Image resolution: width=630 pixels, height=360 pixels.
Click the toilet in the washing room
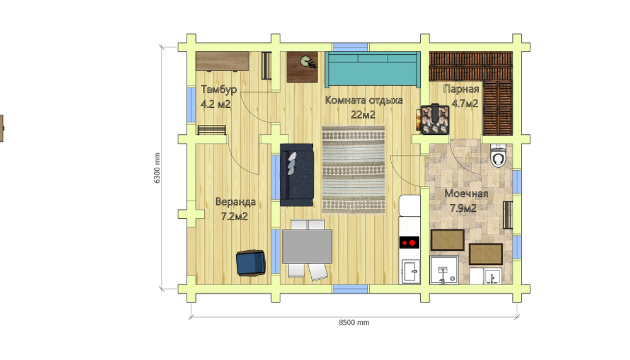[x=498, y=155]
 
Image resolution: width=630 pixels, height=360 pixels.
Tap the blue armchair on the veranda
[x=251, y=263]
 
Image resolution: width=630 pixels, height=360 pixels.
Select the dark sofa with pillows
[x=297, y=175]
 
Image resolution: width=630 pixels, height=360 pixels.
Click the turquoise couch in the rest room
[x=372, y=69]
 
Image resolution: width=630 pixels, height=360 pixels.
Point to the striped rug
[x=353, y=170]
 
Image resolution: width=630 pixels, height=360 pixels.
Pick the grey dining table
[x=307, y=246]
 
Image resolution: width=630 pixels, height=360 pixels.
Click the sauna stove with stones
[x=435, y=119]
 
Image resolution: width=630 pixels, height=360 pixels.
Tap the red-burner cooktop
[x=409, y=243]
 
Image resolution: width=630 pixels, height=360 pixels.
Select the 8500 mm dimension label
[x=354, y=323]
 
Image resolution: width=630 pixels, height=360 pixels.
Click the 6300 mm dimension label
[x=157, y=168]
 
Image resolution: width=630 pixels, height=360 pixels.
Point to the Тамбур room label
[x=219, y=89]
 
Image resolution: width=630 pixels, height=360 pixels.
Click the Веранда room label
[x=236, y=202]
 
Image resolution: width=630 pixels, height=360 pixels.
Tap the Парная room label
[x=461, y=89]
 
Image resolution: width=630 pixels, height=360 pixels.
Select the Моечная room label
[x=466, y=194]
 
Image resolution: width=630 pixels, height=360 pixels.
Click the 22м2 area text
[x=363, y=115]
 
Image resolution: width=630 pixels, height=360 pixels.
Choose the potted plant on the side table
[x=309, y=62]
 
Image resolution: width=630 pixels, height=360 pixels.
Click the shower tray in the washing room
[x=444, y=270]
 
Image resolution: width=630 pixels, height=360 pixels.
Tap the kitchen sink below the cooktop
[x=411, y=272]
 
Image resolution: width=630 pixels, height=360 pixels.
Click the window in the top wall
[x=350, y=47]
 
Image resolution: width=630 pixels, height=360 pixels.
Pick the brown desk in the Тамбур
[x=222, y=62]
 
